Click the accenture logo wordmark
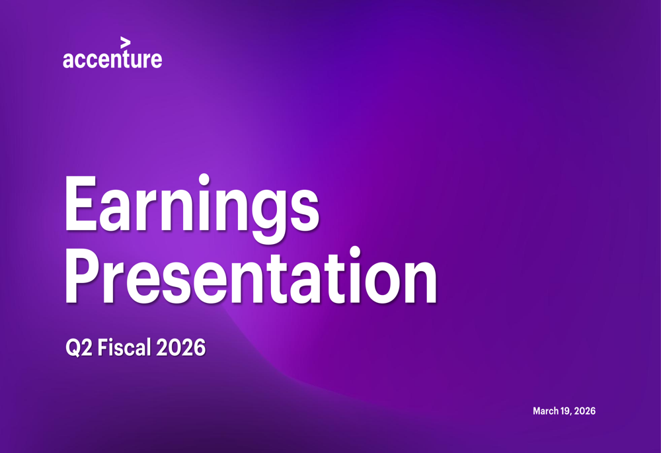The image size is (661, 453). tap(112, 59)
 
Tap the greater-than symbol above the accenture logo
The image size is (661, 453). tap(125, 42)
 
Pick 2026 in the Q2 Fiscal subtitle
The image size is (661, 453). tap(180, 347)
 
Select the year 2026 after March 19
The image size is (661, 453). tap(585, 411)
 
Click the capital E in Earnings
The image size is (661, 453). tap(83, 204)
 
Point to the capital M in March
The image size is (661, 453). tap(537, 411)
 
